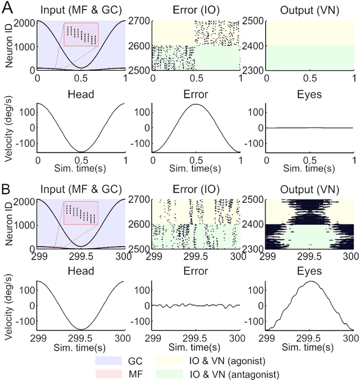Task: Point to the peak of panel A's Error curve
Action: click(x=196, y=104)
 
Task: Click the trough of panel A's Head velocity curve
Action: click(x=82, y=152)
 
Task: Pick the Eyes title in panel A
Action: click(x=308, y=94)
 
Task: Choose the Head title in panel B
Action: click(x=81, y=271)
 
